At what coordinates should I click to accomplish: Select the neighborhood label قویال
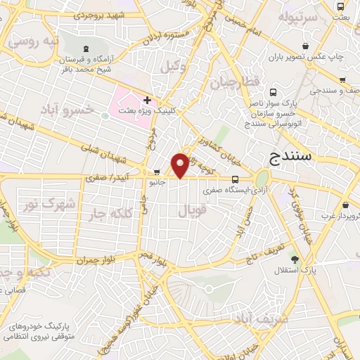[x=193, y=210]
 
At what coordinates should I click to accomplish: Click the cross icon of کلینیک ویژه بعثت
[x=147, y=101]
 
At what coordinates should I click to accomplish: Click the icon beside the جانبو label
[x=156, y=172]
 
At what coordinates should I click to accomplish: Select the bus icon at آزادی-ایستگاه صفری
[x=235, y=179]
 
